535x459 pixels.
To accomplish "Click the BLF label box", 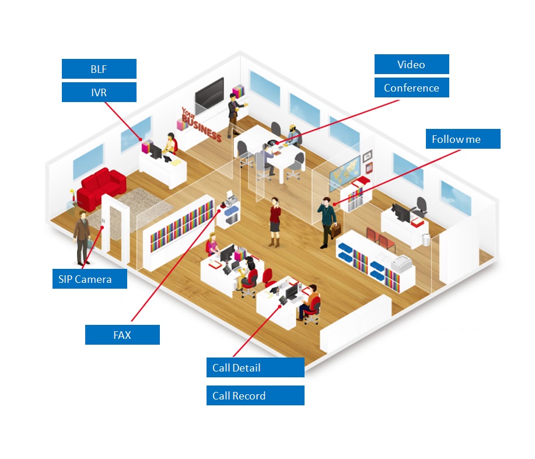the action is click(99, 69).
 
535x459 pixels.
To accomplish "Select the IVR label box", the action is click(99, 92).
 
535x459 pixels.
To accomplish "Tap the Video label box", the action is click(411, 64).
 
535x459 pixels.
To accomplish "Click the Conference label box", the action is click(411, 87).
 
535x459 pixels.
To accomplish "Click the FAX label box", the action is click(123, 335).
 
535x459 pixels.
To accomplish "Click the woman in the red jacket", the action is click(275, 222).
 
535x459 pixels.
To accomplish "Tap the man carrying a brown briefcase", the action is click(327, 223).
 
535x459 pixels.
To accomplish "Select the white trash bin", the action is click(426, 239).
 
